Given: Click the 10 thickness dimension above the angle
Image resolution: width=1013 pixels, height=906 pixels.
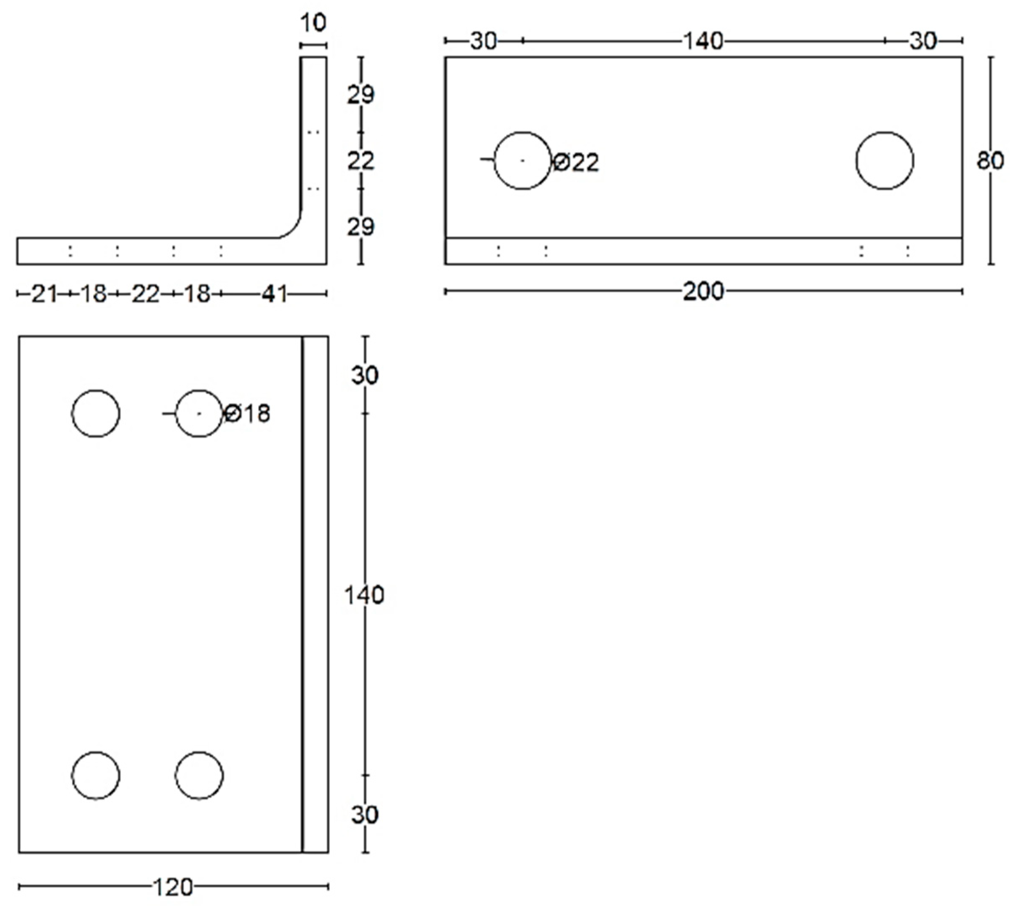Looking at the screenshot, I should [313, 23].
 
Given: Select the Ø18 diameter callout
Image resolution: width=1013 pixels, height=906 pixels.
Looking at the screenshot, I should [247, 413].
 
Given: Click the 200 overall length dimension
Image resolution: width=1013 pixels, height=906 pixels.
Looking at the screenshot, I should [703, 291].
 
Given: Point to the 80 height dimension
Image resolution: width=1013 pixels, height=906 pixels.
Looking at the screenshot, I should [989, 160].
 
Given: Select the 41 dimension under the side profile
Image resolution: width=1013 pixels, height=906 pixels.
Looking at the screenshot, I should [274, 294].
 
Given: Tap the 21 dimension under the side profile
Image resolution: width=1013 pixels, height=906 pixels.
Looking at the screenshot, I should [44, 294].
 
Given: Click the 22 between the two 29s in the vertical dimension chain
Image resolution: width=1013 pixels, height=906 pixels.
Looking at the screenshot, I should [361, 161].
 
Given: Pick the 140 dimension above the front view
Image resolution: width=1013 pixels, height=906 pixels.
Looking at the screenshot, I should [703, 41].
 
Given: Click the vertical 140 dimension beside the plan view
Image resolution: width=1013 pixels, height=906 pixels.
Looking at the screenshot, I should [364, 595].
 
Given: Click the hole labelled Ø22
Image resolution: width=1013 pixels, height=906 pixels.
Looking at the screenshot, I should [522, 160].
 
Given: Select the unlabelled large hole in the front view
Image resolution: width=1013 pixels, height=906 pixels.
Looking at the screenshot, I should [885, 160].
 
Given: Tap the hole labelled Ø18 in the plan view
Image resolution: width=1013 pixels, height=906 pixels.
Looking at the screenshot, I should [199, 413].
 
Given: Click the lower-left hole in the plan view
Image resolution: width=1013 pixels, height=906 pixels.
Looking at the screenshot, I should [96, 775].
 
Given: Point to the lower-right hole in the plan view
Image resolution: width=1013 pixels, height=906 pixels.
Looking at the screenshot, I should [199, 775].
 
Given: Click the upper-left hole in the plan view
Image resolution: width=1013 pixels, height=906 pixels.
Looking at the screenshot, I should [96, 413].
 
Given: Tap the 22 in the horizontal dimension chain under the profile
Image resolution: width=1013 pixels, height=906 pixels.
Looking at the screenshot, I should [145, 294].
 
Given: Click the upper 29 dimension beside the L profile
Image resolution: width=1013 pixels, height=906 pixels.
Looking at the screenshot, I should [361, 95].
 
